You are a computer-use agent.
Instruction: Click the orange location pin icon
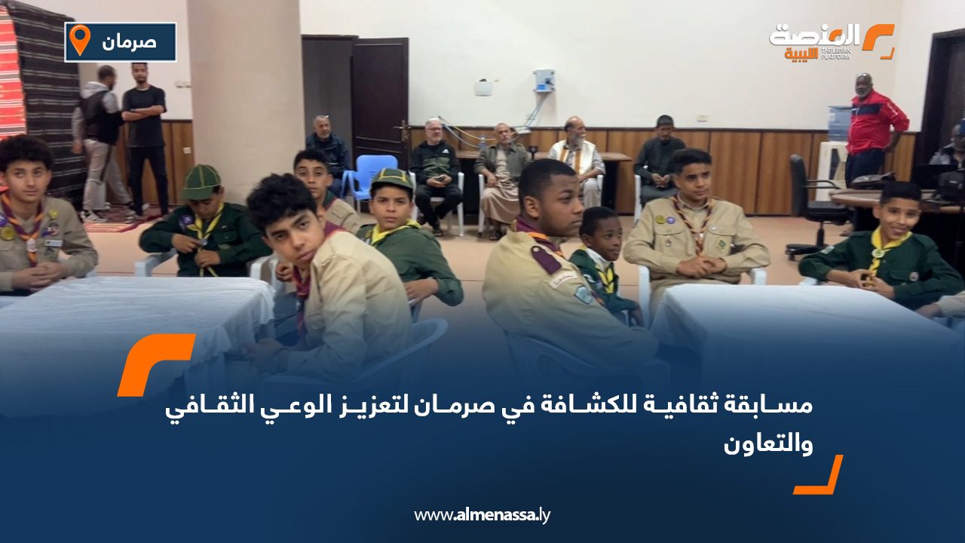pyautogui.click(x=80, y=39)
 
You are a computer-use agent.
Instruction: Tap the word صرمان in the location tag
pyautogui.click(x=129, y=42)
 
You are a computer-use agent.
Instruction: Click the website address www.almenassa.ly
pyautogui.click(x=482, y=515)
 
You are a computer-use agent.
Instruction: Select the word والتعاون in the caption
pyautogui.click(x=768, y=444)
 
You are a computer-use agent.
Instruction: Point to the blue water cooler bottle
pyautogui.click(x=838, y=124)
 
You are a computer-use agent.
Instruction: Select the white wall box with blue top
pyautogui.click(x=544, y=81)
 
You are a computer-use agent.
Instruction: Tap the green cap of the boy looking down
pyautogui.click(x=201, y=183)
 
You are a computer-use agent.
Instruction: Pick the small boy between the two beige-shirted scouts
pyautogui.click(x=603, y=263)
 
